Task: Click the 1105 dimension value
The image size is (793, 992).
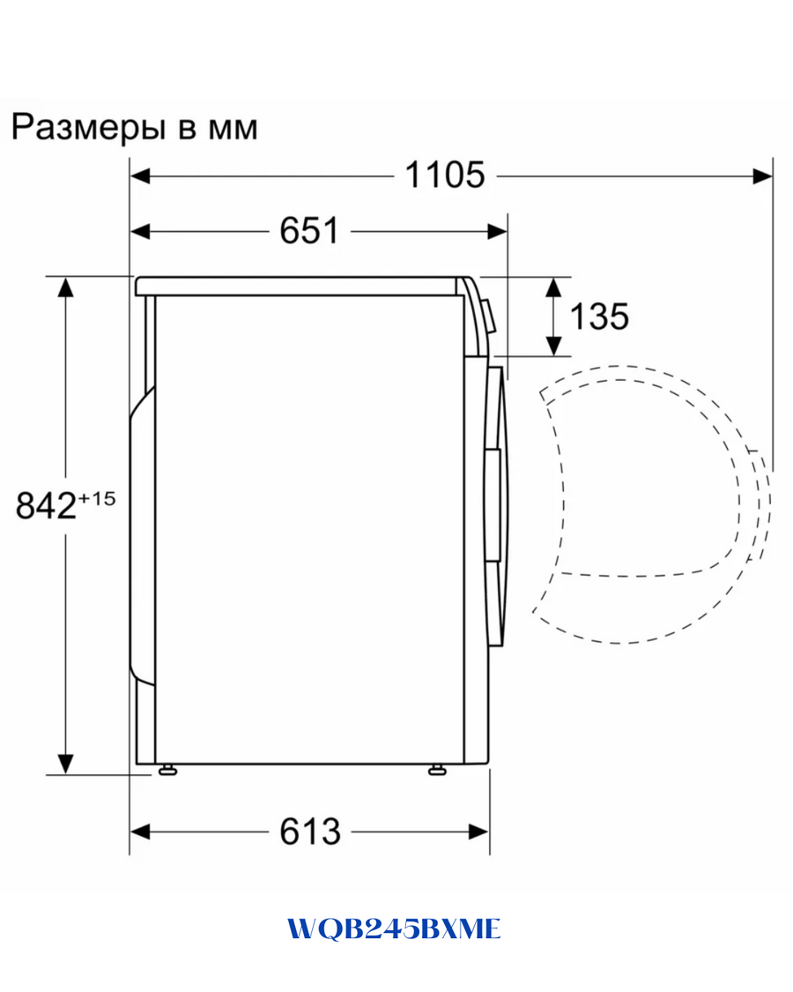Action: (x=445, y=175)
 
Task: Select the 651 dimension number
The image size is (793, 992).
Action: (x=309, y=230)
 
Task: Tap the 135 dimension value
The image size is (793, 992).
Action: (x=599, y=316)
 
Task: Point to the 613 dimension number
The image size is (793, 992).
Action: (x=310, y=832)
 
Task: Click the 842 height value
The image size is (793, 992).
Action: (x=46, y=505)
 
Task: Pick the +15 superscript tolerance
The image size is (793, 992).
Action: (x=97, y=498)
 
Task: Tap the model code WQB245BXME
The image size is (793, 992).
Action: (x=395, y=929)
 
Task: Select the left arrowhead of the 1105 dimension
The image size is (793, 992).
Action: (x=140, y=175)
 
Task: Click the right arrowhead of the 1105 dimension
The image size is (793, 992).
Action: (x=763, y=175)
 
